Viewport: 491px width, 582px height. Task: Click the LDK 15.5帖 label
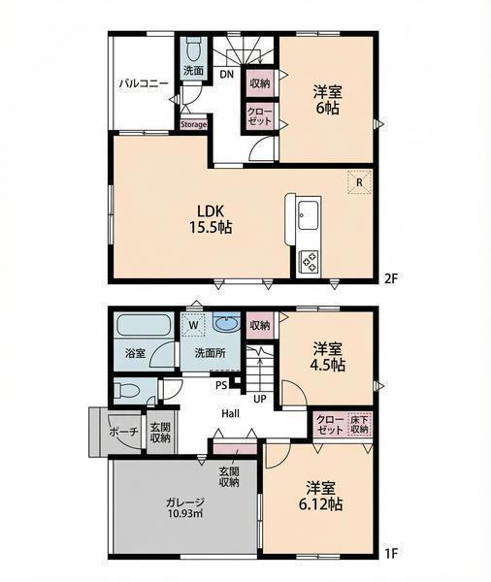pos(211,219)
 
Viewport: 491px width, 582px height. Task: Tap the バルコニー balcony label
pos(144,83)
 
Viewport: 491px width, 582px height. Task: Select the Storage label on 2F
pos(193,125)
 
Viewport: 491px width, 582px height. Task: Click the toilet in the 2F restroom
pos(193,50)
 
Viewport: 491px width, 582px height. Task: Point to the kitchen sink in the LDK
pos(309,215)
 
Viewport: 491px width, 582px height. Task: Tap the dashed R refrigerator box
pos(359,182)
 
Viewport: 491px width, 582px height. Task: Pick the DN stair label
pos(226,75)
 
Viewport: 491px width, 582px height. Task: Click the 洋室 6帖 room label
pos(327,100)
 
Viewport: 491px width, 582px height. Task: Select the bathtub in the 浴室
pos(144,325)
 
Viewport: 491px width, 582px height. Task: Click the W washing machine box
pos(193,324)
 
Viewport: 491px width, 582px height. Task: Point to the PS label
pos(221,385)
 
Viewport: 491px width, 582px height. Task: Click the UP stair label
pos(260,399)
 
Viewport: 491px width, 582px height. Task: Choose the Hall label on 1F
pos(230,413)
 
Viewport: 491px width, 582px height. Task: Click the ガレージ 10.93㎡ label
pos(185,507)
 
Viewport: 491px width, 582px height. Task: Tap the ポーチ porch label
pos(124,432)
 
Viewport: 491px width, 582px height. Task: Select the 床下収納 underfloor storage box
pos(359,424)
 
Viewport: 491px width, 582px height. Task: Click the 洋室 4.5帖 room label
pos(328,357)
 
